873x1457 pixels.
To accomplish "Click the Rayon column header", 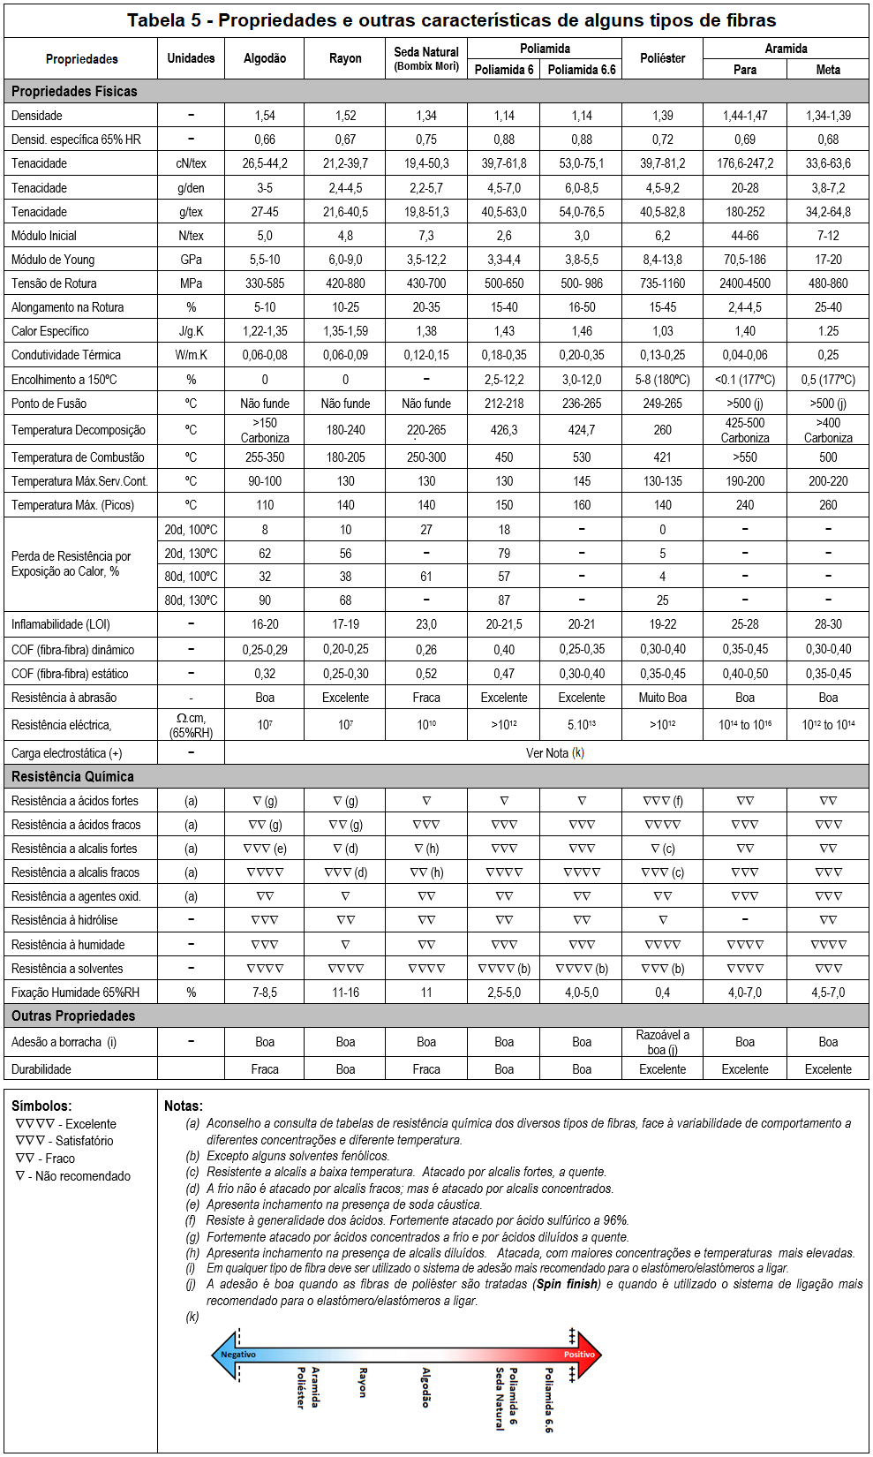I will click(345, 58).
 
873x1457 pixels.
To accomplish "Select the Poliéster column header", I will click(662, 58).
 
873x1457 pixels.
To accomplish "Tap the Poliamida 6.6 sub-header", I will click(581, 70).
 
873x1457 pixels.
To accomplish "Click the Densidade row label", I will click(37, 116).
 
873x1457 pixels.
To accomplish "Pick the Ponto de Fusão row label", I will click(49, 404).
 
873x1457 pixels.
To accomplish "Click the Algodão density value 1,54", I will click(265, 116).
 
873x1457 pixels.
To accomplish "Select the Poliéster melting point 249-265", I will click(662, 404).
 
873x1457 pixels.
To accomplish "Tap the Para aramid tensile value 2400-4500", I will click(744, 283).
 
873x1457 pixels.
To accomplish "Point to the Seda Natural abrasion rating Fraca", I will click(426, 698).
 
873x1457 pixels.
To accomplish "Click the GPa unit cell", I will click(191, 260).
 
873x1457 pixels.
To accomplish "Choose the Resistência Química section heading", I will click(72, 777).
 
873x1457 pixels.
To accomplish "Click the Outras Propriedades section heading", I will click(73, 1016).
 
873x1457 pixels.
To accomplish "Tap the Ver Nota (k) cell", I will click(554, 753).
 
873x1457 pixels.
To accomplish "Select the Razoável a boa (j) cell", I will click(662, 1042).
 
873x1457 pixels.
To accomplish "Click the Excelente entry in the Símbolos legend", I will click(67, 1124).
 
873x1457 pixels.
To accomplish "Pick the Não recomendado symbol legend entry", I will click(73, 1176).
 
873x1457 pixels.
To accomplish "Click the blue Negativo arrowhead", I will click(228, 1355).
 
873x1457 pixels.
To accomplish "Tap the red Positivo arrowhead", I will click(585, 1355).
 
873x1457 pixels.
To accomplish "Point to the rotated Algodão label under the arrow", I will click(425, 1387).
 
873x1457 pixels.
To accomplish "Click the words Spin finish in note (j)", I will click(567, 1284).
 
